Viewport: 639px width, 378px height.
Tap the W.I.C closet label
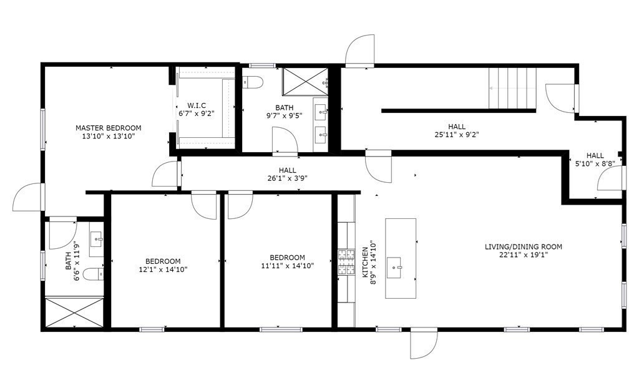point(197,105)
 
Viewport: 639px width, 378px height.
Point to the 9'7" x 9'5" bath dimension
point(284,115)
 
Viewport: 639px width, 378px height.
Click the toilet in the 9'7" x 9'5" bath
point(253,82)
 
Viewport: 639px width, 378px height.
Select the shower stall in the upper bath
point(305,82)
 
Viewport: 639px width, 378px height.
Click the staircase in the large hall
point(512,89)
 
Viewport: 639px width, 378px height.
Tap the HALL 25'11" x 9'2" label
point(456,130)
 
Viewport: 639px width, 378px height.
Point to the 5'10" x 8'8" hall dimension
point(595,163)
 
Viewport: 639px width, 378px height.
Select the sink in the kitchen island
point(395,268)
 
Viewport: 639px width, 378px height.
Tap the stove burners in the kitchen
point(346,261)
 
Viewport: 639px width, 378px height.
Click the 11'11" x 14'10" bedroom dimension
point(287,266)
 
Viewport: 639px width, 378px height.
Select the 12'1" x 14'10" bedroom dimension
point(163,269)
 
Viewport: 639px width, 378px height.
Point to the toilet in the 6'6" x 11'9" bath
point(93,274)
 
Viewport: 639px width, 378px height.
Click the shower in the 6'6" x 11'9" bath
point(74,313)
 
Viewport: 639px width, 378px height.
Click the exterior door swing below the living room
point(424,343)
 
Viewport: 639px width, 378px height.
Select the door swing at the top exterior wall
point(359,50)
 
